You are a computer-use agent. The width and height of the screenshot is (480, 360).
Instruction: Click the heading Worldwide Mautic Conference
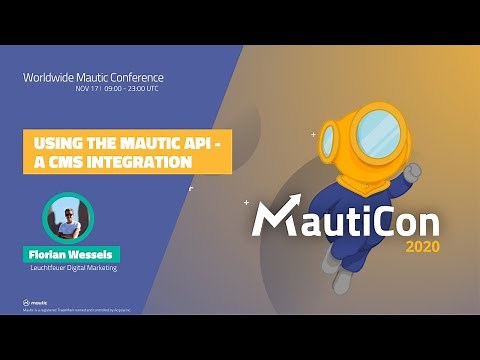[93, 77]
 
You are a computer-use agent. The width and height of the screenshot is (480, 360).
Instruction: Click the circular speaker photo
[68, 219]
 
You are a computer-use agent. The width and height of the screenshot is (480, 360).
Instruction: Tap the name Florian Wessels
[74, 254]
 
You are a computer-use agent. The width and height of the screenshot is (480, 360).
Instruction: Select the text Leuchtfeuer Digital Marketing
[74, 268]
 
